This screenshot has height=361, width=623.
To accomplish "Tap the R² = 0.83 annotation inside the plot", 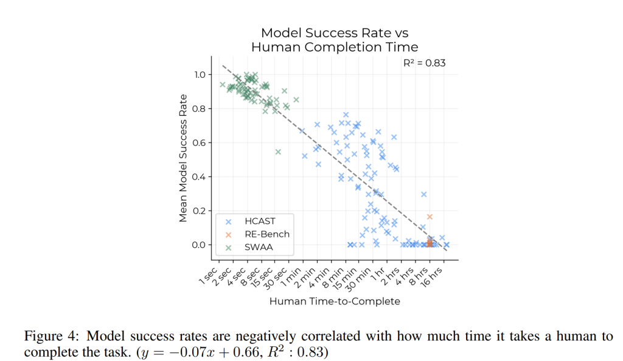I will click(425, 63).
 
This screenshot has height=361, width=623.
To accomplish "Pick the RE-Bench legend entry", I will click(267, 234).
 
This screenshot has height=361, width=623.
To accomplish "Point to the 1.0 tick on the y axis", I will click(199, 75).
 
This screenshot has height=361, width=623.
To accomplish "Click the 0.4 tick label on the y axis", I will click(199, 177).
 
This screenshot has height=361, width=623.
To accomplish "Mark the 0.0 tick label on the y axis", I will click(199, 245).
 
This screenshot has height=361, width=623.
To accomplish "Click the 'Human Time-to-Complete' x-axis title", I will click(335, 301).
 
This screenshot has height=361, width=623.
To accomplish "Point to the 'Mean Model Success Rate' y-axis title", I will click(183, 158).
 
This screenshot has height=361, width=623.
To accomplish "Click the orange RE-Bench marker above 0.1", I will click(430, 217).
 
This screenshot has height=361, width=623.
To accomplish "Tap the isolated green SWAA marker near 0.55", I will click(278, 152).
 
